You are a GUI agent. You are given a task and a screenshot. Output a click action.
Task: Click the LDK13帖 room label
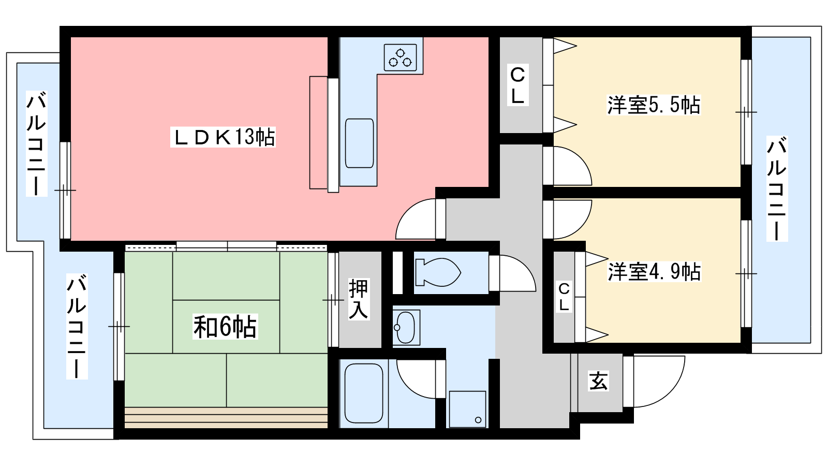click(x=223, y=137)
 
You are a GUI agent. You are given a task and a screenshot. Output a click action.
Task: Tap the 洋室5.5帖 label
click(x=654, y=105)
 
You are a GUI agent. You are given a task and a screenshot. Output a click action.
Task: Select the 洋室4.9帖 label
click(x=654, y=272)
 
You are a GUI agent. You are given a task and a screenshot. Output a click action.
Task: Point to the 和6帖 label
click(x=225, y=327)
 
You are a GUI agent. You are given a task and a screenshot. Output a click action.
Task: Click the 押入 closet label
click(x=359, y=299)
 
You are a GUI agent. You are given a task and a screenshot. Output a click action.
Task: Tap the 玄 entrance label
click(x=598, y=381)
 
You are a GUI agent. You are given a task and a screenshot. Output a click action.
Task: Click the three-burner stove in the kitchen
click(x=400, y=57)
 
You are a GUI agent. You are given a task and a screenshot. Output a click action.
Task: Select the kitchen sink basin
click(x=359, y=143)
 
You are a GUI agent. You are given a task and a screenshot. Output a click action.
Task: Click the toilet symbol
click(x=438, y=272)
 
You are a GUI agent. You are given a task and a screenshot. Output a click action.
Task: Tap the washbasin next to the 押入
click(x=406, y=327)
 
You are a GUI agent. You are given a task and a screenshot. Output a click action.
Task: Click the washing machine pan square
click(x=467, y=409)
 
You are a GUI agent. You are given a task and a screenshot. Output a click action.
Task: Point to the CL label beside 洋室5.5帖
click(x=517, y=85)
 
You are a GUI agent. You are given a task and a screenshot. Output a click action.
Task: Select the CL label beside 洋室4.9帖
click(x=564, y=297)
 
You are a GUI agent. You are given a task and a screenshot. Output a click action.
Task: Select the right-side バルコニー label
click(x=777, y=188)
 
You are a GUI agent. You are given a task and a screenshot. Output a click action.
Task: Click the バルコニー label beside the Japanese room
click(x=77, y=326)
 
